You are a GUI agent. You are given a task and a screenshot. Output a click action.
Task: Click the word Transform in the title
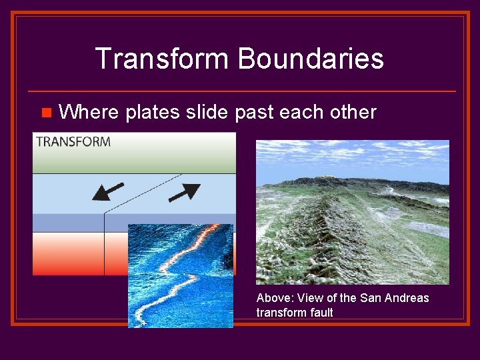162,59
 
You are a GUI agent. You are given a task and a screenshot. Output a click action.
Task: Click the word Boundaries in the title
310,59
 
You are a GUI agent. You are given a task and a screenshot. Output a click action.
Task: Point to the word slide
207,112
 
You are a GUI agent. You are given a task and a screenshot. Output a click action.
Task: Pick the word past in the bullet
255,112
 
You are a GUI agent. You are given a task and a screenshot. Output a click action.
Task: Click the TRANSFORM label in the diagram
73,141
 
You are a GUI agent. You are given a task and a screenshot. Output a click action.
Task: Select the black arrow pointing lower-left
107,191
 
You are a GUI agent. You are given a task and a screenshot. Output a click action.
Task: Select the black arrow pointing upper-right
184,192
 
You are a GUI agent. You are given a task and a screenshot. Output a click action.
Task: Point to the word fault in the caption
320,312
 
